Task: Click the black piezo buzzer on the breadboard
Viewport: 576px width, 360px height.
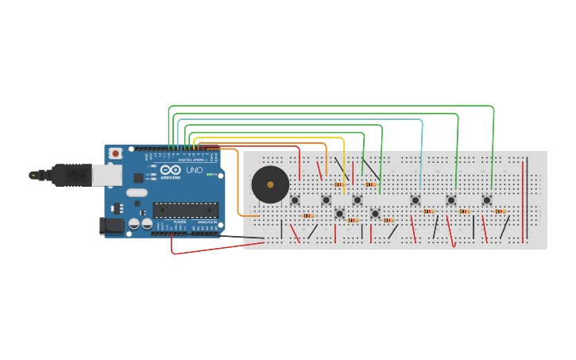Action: (270, 184)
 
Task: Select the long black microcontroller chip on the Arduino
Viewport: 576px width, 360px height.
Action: (185, 210)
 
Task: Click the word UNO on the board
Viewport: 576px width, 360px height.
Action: (194, 170)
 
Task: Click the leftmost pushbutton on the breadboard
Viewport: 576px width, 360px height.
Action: (295, 199)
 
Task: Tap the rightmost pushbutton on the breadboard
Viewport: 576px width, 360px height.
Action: (486, 199)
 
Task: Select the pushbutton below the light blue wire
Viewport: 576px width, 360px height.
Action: (416, 199)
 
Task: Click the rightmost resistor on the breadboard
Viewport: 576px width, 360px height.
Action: (500, 211)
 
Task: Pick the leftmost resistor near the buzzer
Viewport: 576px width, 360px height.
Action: (308, 215)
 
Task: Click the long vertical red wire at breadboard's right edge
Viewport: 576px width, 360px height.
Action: (523, 199)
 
